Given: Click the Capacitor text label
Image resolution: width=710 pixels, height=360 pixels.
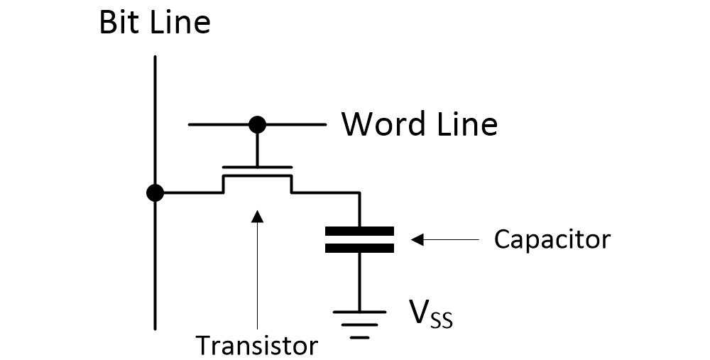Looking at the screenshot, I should point(552,239).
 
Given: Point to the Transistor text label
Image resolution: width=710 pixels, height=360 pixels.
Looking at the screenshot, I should point(256,345).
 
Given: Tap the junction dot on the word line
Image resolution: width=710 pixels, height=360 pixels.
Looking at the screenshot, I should point(257,125).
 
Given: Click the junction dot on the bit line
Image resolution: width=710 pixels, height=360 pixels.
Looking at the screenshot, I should point(154,192).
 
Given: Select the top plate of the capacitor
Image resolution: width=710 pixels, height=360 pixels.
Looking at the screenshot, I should point(359,231).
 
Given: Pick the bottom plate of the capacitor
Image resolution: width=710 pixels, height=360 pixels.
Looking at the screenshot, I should point(359,248).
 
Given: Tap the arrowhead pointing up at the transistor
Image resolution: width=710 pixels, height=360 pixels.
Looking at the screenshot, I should point(257,214).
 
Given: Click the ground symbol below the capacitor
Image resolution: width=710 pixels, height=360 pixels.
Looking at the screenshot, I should point(359,318).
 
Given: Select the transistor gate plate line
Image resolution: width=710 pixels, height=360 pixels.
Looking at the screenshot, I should point(257,168).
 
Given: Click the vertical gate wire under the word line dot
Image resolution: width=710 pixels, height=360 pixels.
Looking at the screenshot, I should point(257,148).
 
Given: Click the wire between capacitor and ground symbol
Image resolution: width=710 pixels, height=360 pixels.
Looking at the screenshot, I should point(359,280).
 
